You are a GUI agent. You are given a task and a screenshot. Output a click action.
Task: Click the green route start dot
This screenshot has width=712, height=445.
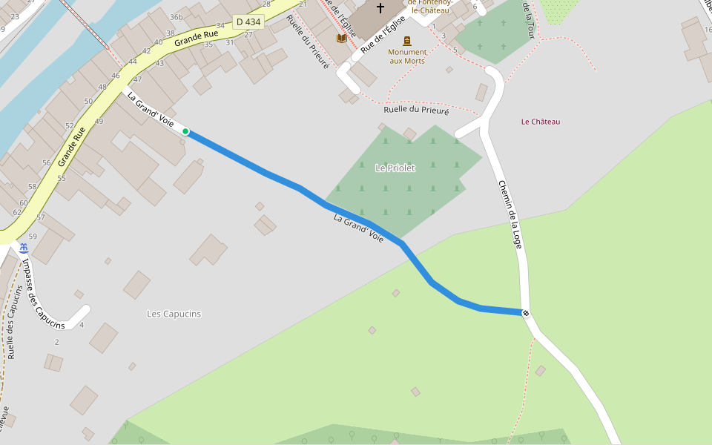click(185, 132)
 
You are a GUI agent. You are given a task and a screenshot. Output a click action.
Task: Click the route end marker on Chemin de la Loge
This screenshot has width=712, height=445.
click(526, 313)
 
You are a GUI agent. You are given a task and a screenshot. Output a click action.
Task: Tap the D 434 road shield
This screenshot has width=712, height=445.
click(248, 22)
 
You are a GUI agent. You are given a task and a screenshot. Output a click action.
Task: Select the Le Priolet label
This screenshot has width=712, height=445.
click(395, 168)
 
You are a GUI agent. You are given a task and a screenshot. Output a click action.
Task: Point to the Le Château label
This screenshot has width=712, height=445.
click(541, 122)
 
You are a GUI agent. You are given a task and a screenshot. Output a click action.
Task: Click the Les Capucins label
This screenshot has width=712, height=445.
click(174, 314)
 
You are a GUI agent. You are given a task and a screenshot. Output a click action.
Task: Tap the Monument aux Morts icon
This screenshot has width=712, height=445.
click(406, 41)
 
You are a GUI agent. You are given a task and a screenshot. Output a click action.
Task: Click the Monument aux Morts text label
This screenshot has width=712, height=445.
click(407, 56)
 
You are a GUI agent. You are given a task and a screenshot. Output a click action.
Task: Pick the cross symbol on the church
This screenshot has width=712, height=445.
click(380, 8)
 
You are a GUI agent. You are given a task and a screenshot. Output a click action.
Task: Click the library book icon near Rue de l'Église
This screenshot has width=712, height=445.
click(341, 38)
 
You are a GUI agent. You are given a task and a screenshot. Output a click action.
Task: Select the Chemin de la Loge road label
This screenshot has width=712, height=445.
click(512, 214)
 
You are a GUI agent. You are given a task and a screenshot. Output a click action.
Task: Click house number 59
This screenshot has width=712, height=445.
click(32, 236)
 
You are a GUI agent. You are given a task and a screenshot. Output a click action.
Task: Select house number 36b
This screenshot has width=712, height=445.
click(176, 17)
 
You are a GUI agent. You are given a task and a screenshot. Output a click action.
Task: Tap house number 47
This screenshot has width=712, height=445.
click(137, 79)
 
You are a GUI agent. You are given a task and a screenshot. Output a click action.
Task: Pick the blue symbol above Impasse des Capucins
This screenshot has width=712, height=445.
click(24, 248)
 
